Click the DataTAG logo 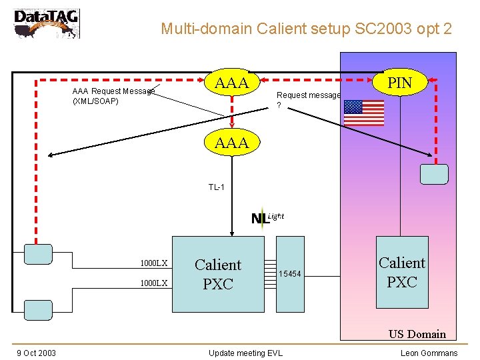pos(46,23)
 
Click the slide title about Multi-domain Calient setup pos(306,29)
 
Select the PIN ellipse pos(400,83)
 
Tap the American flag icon pos(364,113)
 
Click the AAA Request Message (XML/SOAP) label pos(113,96)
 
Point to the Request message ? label pos(308,99)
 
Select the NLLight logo pos(267,217)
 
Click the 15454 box pos(290,274)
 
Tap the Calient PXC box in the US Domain pos(402,273)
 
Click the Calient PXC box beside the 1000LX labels pos(217,274)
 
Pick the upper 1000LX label pos(153,263)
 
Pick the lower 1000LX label pos(153,283)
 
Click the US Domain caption pos(417,334)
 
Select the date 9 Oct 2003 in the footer pos(37,353)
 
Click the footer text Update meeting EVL pos(245,353)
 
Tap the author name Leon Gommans pos(429,353)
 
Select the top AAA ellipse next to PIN pos(232,83)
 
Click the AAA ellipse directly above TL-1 pos(232,142)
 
